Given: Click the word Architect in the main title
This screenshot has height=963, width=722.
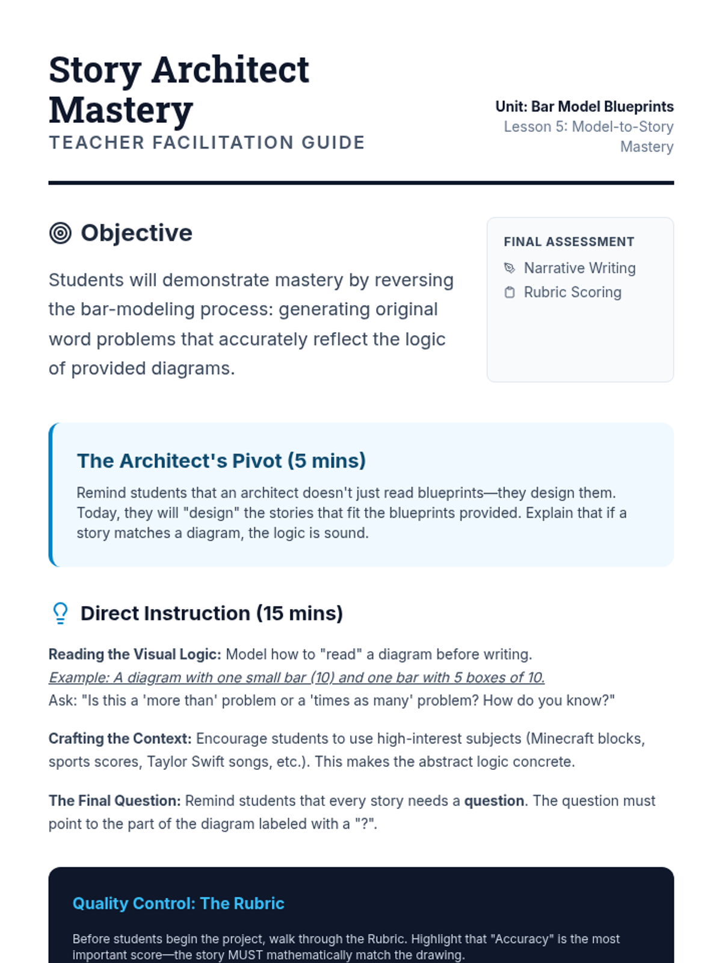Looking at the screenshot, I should [x=230, y=70].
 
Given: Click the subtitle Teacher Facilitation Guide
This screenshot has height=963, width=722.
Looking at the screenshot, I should [x=207, y=143].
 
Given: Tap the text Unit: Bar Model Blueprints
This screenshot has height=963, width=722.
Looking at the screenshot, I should [x=584, y=107].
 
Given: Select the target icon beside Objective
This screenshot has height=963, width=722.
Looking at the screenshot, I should [x=60, y=233].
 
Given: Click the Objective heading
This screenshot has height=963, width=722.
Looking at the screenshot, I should [x=137, y=233].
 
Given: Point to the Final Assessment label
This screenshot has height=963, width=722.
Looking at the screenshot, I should [x=569, y=242].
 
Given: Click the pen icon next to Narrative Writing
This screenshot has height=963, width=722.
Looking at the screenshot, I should [x=510, y=268].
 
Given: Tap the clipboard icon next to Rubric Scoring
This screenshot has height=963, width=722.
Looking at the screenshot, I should [x=510, y=293].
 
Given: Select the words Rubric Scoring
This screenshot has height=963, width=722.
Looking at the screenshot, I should [x=572, y=293].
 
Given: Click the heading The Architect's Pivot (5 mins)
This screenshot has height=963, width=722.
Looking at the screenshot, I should [x=221, y=460].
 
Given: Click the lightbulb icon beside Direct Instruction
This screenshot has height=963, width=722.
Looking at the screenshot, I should [x=60, y=613].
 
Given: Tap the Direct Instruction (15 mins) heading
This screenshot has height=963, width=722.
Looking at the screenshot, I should [x=212, y=613].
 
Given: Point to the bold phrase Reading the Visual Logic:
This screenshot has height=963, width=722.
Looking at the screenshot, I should [x=135, y=654].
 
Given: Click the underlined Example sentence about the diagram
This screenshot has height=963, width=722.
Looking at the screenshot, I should [x=297, y=678].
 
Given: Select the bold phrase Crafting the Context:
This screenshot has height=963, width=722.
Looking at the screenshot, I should [x=120, y=739].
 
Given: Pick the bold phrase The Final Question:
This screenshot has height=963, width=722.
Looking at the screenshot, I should [x=114, y=801].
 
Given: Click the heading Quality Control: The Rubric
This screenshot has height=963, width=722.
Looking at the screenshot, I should [x=179, y=903].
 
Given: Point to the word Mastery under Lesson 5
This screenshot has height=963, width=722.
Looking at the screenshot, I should [x=647, y=147].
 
